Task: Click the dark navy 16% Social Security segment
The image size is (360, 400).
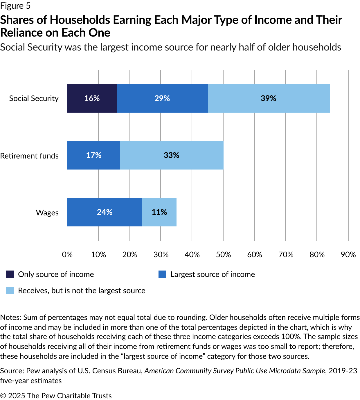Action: (x=92, y=98)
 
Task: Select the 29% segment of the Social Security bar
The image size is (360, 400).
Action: (x=163, y=98)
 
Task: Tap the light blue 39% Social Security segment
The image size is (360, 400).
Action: (x=269, y=98)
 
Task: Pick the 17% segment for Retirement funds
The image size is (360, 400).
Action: (x=94, y=155)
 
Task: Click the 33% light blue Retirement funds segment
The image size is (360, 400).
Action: (x=172, y=155)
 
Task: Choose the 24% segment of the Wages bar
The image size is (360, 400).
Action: (x=105, y=212)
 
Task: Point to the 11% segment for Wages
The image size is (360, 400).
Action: (x=159, y=212)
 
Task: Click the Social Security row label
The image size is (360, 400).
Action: (x=34, y=98)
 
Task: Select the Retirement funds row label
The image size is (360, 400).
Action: (x=29, y=156)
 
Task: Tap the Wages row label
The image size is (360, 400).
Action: (x=47, y=213)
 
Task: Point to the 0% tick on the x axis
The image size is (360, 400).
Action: (x=67, y=255)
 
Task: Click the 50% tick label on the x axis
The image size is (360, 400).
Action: (x=223, y=255)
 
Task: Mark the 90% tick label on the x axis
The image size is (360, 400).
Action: (x=348, y=255)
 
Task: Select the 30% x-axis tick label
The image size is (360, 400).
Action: (x=161, y=255)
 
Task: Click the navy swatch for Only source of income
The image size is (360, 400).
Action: (x=10, y=274)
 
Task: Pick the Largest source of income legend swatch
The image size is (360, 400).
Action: (x=162, y=274)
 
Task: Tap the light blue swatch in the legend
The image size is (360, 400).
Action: (x=10, y=291)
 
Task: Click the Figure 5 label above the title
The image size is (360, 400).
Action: (x=15, y=6)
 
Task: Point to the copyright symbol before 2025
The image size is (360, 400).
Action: (x=3, y=396)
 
